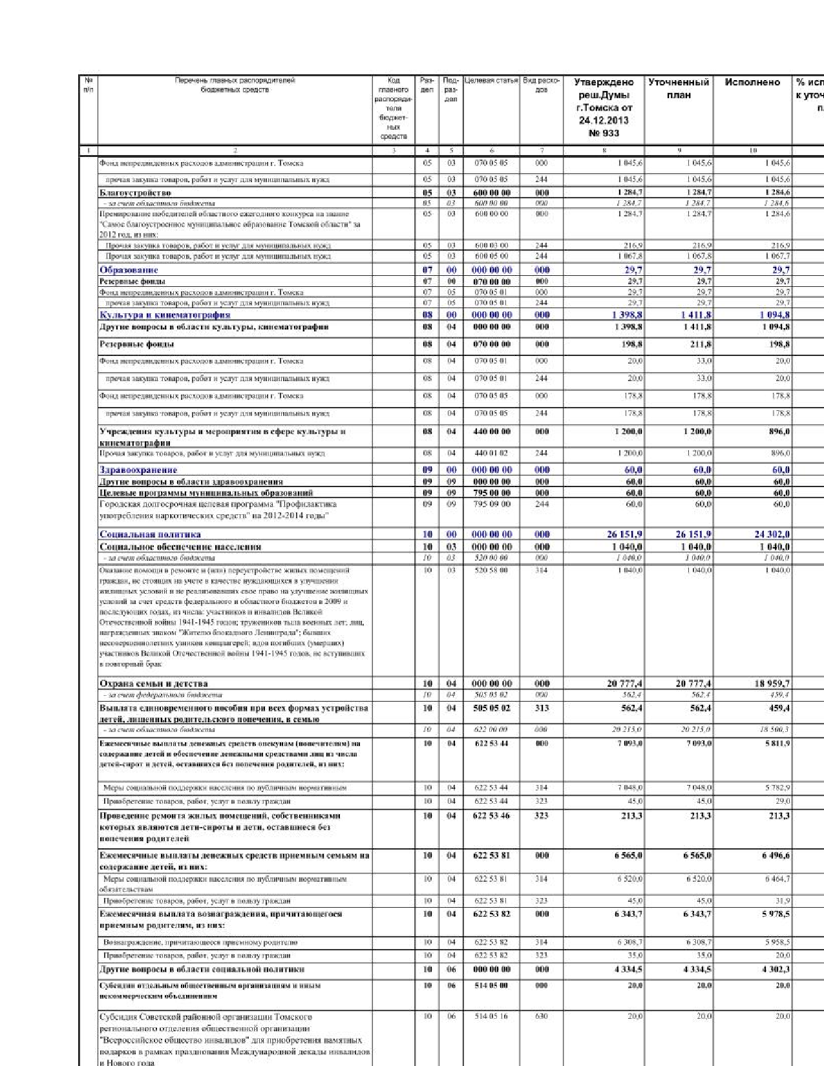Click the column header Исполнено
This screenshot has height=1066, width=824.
point(752,83)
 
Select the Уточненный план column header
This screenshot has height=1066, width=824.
point(679,89)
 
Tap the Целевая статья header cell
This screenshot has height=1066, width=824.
point(491,81)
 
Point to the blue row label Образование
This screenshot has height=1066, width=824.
point(129,270)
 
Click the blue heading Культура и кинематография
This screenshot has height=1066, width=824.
point(165,315)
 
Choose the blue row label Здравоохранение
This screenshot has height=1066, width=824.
point(138,470)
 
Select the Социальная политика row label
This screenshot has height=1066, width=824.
point(150,534)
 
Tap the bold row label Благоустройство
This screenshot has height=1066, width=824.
point(135,193)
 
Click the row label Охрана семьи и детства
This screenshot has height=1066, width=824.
point(153,684)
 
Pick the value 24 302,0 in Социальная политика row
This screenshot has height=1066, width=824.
point(772,534)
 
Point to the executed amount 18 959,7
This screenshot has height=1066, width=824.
point(772,684)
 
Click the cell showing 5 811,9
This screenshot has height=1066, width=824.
point(776,744)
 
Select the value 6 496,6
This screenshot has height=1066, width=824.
point(776,855)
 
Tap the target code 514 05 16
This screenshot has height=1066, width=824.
point(491,1016)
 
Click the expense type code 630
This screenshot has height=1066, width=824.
point(542,1016)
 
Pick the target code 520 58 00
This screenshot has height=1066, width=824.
point(491,570)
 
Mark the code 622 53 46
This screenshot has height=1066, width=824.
point(491,816)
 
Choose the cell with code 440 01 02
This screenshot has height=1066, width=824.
point(491,454)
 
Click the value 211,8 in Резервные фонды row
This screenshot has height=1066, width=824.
point(701,344)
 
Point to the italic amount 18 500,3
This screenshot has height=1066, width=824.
point(775,729)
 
